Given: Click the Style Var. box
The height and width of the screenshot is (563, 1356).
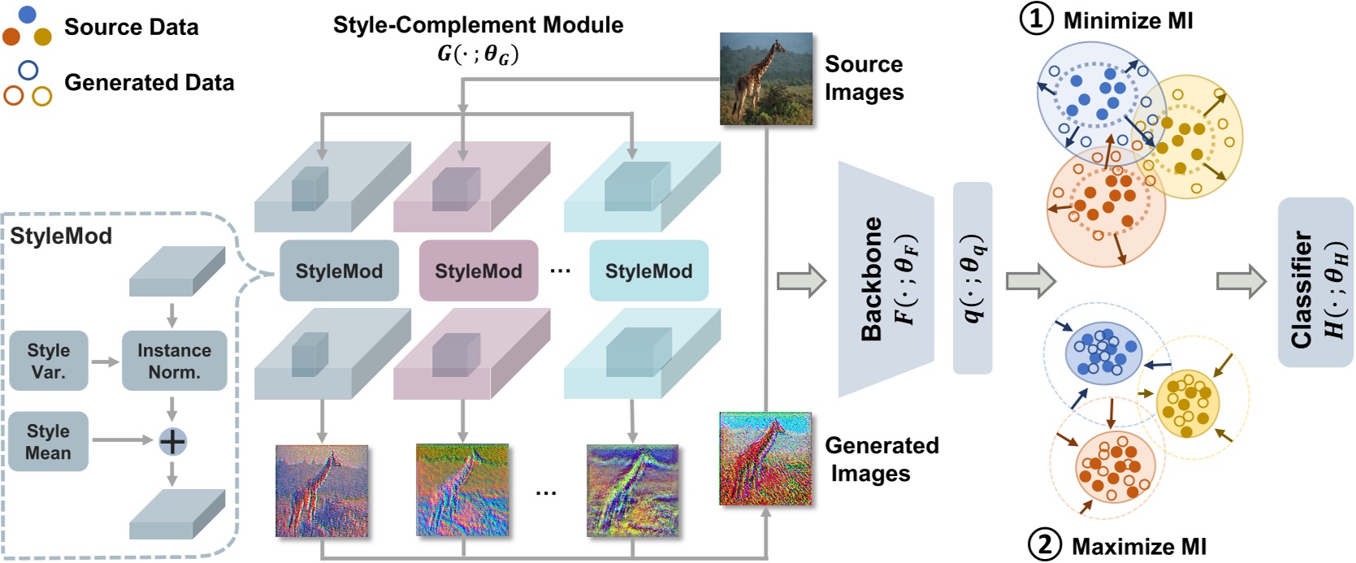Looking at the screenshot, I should coord(49,361).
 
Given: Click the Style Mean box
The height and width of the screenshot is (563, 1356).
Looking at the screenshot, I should coord(49,441).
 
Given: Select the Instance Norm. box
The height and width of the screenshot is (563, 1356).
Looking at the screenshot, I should coord(174,361).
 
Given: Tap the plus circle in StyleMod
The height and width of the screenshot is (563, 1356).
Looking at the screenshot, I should coord(172,441).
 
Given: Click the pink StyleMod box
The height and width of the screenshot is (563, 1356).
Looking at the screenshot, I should coord(478,271).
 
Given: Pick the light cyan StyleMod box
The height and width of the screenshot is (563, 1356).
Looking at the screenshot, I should coord(648,271).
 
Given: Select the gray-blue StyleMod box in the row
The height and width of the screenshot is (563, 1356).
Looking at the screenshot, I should coord(339,271).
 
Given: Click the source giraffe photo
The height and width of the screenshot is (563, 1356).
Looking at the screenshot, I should coord(765,78).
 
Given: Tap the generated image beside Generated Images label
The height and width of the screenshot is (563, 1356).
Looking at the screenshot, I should coord(765,458).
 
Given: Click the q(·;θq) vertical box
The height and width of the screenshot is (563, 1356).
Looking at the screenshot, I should coord(972,277).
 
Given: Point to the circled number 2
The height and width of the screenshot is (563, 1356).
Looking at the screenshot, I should coord(1045,545).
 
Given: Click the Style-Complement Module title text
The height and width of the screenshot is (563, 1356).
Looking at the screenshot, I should coord(478,24).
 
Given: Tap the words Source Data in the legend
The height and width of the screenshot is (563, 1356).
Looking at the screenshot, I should coord(131,27).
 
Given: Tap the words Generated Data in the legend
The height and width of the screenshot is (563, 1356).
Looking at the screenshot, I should coord(149,82).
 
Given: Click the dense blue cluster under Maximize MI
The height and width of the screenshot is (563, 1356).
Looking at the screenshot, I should coord(1103,352).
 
